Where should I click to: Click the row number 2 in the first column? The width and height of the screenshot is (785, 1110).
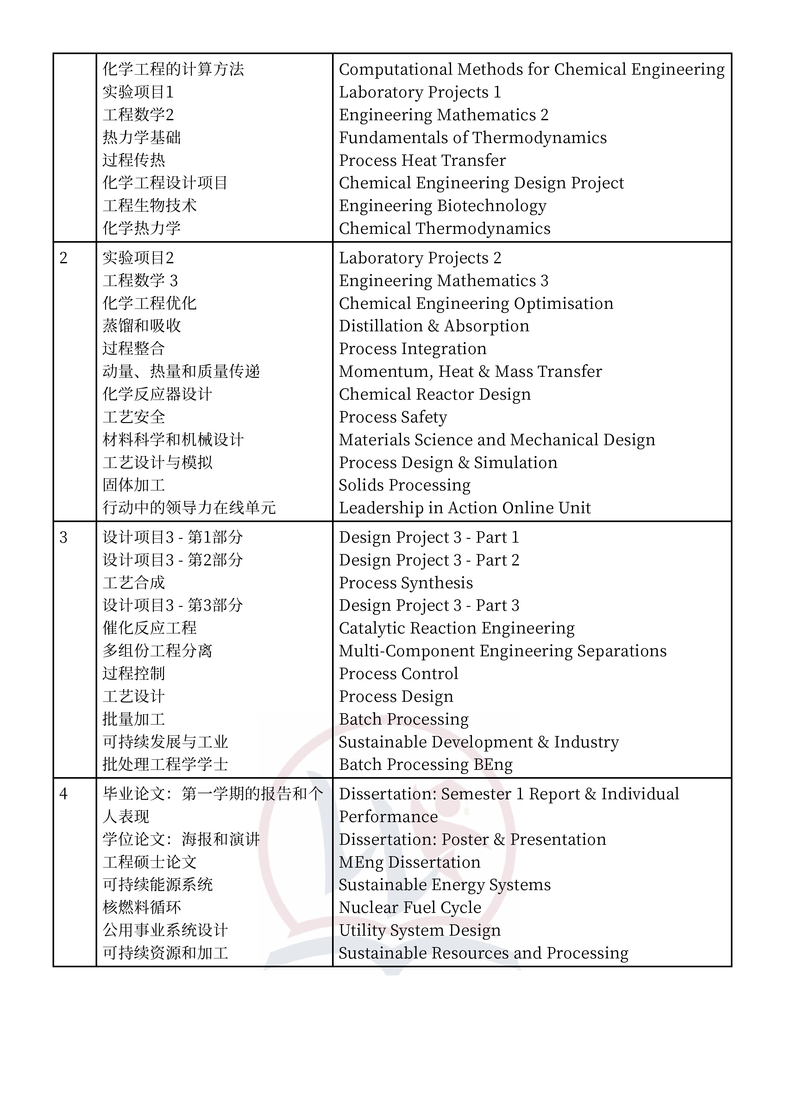click(63, 258)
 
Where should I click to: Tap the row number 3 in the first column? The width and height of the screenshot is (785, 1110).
click(63, 538)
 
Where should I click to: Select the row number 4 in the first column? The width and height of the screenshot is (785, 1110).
click(63, 794)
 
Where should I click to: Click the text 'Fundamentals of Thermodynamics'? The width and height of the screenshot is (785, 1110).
click(473, 138)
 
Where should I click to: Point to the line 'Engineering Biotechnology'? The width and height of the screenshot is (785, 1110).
click(443, 206)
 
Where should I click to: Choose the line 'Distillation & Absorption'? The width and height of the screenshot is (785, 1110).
click(434, 326)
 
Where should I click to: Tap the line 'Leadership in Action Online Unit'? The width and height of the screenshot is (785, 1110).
click(465, 508)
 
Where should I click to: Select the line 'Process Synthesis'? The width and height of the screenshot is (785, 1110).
click(406, 583)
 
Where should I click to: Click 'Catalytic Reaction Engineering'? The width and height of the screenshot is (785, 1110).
click(456, 628)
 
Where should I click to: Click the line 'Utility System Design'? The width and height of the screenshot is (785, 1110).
click(420, 931)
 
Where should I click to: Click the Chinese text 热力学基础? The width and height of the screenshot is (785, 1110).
click(142, 138)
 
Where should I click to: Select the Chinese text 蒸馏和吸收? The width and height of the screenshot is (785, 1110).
click(142, 326)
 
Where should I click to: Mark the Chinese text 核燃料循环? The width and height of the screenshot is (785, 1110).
click(142, 908)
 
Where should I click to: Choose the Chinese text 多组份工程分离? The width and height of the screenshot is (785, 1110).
click(158, 651)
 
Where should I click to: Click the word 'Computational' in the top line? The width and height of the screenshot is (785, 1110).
click(396, 70)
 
